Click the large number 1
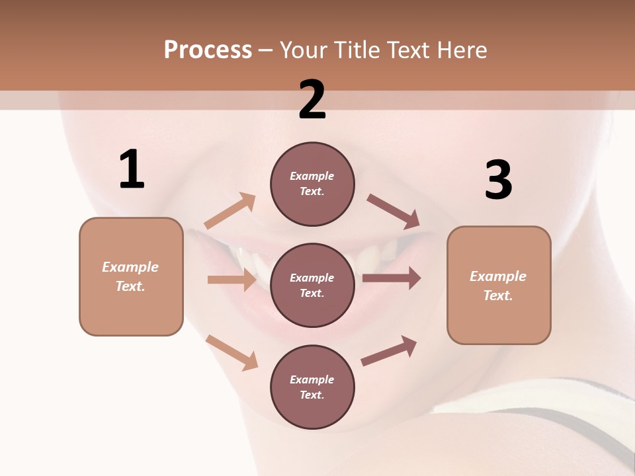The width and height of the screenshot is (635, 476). click(x=132, y=169)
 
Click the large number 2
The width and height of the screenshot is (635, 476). click(x=312, y=100)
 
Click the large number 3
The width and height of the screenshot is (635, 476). click(x=498, y=180)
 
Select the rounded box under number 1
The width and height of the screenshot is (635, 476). click(x=131, y=276)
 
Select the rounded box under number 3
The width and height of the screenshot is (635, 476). click(x=499, y=285)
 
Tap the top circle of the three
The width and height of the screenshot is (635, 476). click(x=312, y=184)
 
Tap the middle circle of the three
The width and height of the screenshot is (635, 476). click(x=312, y=285)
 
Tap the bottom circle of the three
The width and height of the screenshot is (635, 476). click(x=312, y=387)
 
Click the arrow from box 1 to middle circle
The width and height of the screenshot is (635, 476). click(x=232, y=280)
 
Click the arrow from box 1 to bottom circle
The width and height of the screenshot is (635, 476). click(x=232, y=352)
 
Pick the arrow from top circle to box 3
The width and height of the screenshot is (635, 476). click(x=394, y=212)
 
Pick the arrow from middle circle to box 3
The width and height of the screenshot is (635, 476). click(x=392, y=278)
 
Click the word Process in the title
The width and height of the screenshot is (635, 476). click(x=208, y=50)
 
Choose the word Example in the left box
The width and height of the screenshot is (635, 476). click(x=130, y=267)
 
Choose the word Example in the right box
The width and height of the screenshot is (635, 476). click(x=498, y=276)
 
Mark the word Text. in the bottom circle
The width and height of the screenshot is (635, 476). click(x=312, y=395)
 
